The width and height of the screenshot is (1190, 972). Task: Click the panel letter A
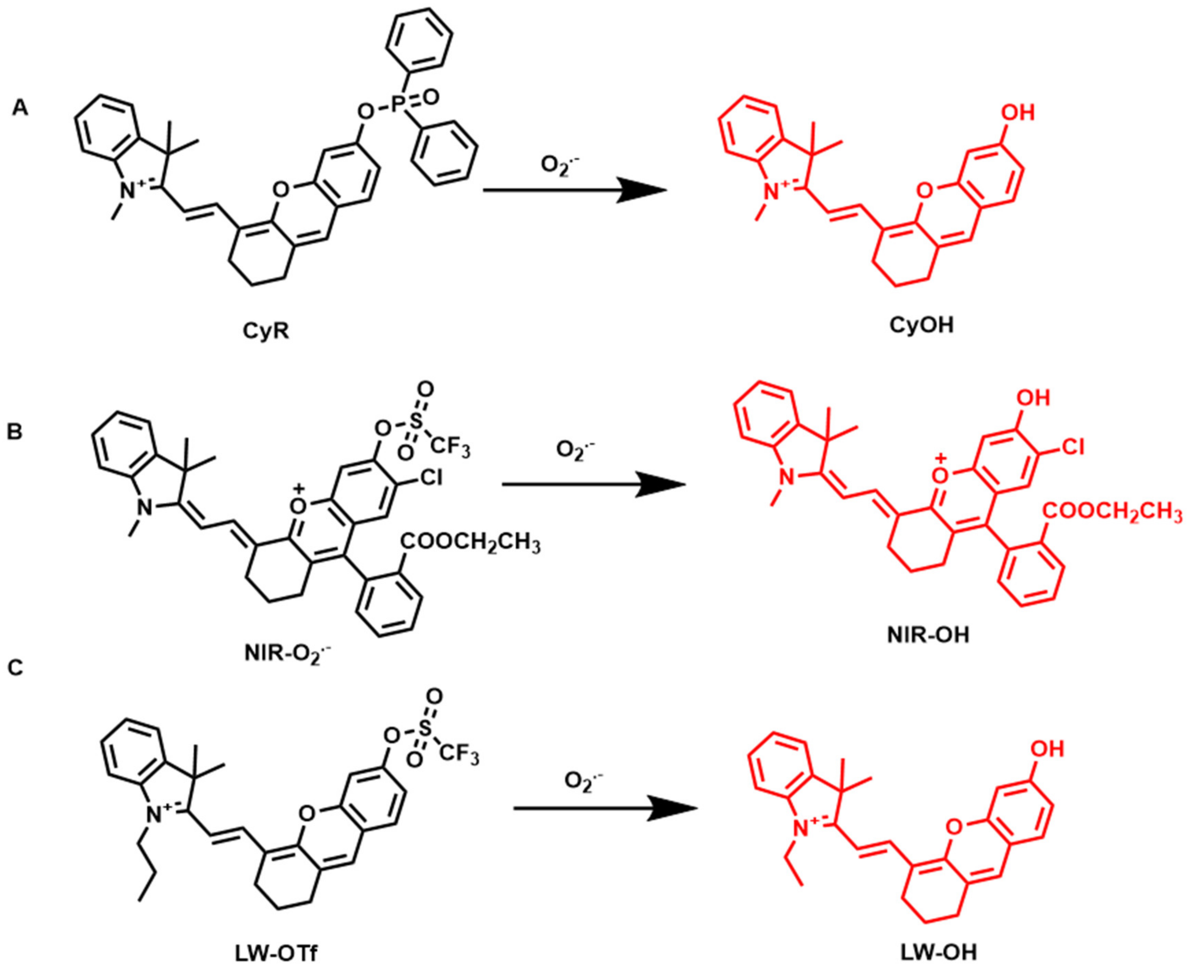(20, 108)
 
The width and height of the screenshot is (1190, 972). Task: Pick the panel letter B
(15, 433)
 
